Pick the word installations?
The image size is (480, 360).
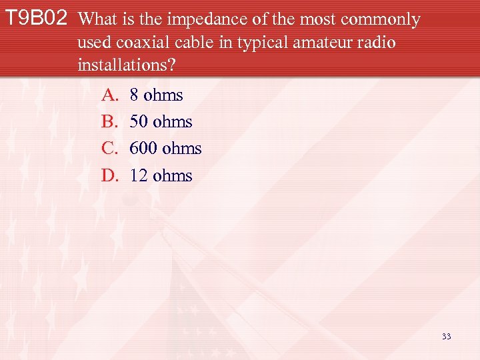(x=126, y=66)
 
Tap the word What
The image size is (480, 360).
(x=98, y=20)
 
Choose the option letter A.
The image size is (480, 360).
(x=110, y=95)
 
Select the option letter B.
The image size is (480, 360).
(x=109, y=122)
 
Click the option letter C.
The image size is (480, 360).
(x=109, y=149)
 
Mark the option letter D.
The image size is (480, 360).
(x=110, y=176)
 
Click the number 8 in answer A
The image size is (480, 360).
(x=135, y=95)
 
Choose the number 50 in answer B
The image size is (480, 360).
(x=139, y=122)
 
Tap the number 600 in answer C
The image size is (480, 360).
(x=143, y=149)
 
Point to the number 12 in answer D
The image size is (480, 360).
(x=139, y=176)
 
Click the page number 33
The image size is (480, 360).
(x=446, y=337)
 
